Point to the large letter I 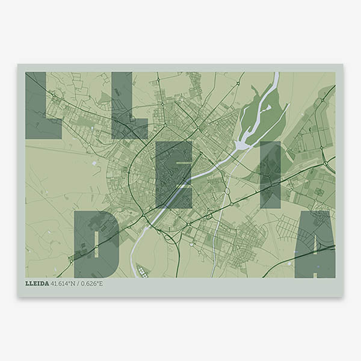click(270, 174)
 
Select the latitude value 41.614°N click(66, 283)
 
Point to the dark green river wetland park click(259, 117)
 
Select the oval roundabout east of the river click(228, 193)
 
